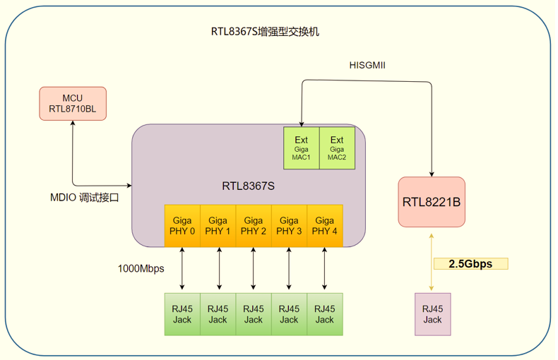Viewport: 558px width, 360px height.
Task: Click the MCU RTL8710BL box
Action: [x=73, y=103]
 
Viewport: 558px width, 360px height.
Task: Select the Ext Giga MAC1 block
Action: [x=302, y=148]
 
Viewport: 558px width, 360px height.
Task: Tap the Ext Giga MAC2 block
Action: [x=337, y=148]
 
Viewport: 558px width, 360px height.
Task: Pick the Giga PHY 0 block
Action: [x=182, y=225]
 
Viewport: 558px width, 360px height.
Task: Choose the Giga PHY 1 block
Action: [x=218, y=225]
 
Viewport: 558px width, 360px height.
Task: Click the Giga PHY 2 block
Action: [x=254, y=225]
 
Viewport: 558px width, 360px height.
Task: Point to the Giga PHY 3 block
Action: [x=289, y=225]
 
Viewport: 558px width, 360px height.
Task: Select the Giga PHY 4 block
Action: [x=324, y=225]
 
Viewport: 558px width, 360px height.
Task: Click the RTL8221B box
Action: [x=432, y=202]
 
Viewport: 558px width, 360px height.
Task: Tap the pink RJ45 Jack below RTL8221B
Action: [x=432, y=314]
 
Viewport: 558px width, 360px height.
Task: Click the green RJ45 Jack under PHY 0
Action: [x=182, y=314]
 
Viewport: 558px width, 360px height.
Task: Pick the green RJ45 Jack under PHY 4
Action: [x=324, y=314]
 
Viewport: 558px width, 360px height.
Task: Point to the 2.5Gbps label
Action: [x=471, y=264]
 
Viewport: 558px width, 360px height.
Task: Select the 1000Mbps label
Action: [x=141, y=268]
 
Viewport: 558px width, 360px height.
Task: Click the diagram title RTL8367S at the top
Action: [x=265, y=32]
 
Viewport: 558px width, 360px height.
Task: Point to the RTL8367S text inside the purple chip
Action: [x=248, y=186]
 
